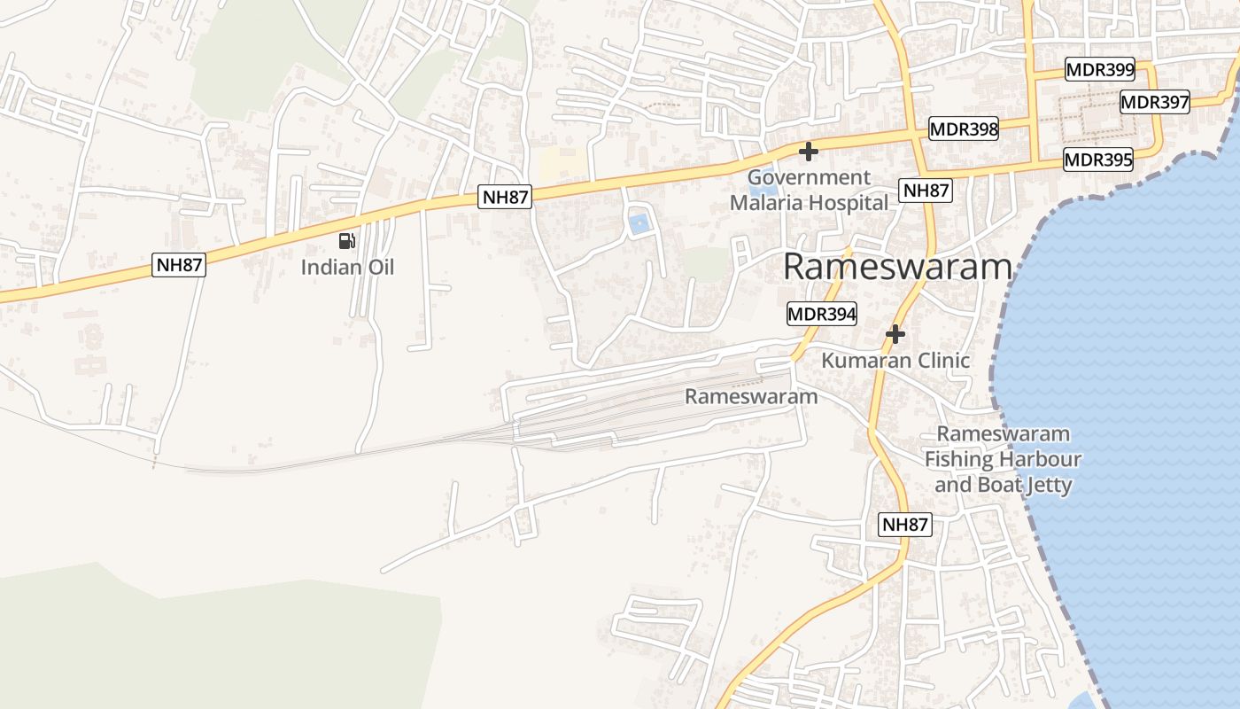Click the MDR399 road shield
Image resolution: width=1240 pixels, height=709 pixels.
point(1100,70)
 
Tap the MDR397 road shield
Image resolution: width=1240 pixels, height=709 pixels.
point(1155,102)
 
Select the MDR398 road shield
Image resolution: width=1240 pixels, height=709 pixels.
point(964,129)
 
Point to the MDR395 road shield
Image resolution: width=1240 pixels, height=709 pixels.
point(1098,160)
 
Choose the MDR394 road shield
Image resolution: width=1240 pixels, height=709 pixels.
point(822,314)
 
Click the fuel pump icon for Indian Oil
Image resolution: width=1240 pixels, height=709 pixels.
point(347,240)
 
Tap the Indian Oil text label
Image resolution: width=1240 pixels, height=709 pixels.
point(347,267)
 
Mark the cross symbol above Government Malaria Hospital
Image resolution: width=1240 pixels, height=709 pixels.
point(808,152)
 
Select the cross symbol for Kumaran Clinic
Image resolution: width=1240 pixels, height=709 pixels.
point(895,334)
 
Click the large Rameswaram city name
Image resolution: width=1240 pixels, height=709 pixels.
point(897,267)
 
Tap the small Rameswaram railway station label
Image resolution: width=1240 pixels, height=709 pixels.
point(751,396)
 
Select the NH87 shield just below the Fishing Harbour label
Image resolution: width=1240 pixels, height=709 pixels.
point(905,525)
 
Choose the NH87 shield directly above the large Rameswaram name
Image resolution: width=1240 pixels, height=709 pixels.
point(926,191)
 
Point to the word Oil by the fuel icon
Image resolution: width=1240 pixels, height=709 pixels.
point(380,267)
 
